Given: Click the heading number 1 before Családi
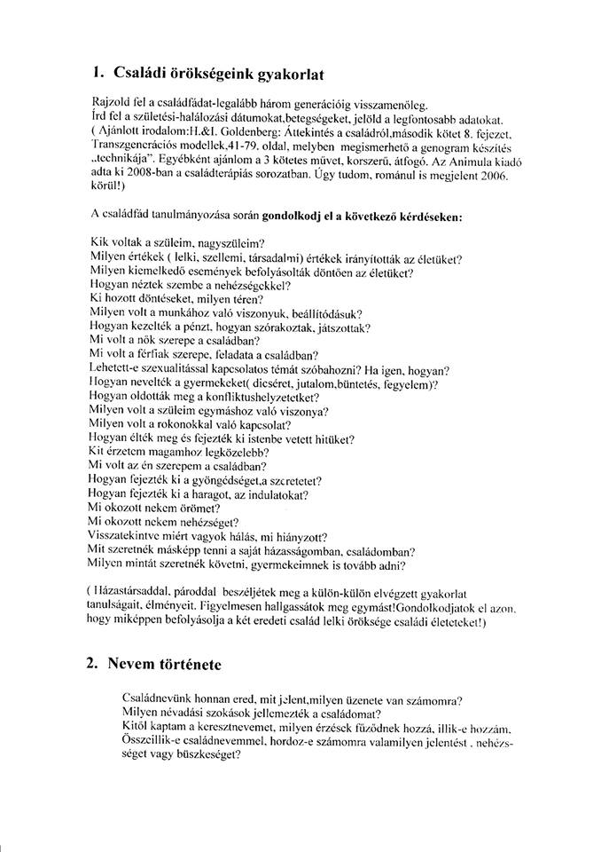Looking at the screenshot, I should tap(97, 73).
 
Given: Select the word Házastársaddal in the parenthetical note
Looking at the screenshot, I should tap(142, 590).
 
